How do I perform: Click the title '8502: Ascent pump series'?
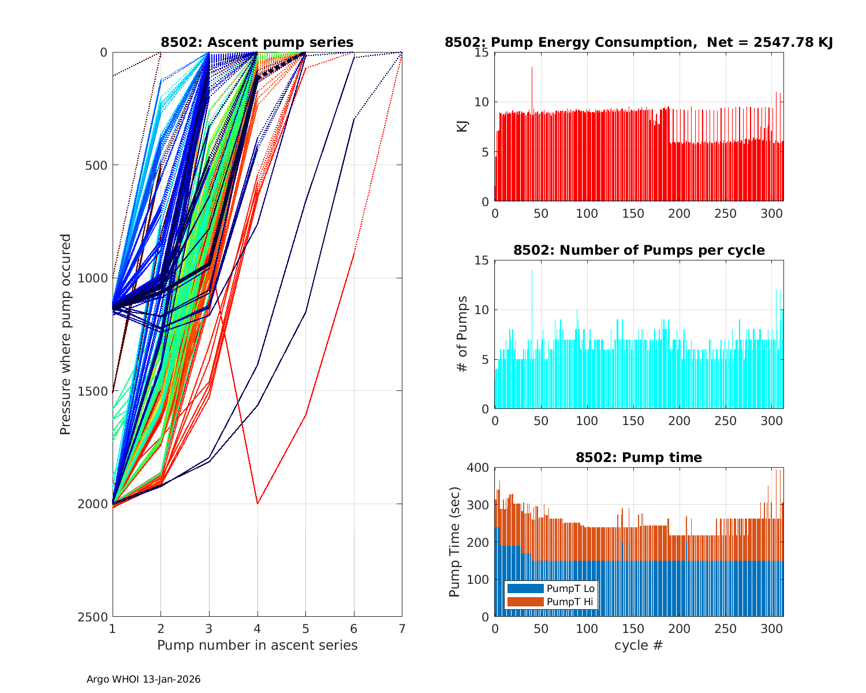257,42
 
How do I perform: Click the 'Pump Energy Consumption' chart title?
639,42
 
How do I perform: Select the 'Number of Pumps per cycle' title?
639,250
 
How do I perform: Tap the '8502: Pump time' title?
639,457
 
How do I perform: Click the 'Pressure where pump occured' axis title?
66,334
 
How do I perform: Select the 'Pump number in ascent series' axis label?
257,645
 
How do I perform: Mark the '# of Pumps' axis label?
462,334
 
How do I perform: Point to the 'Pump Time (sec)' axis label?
455,542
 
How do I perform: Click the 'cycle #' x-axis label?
639,645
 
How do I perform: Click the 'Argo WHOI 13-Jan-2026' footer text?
144,679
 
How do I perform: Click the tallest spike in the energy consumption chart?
532,68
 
